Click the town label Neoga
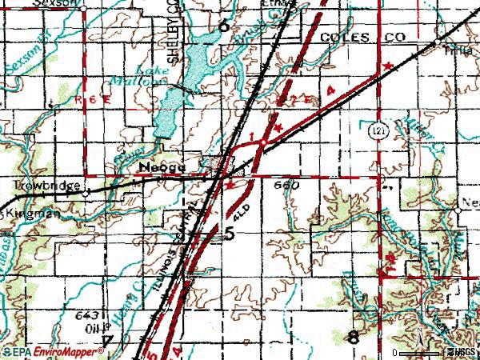(x=162, y=168)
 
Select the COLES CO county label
(x=357, y=38)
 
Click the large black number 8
(x=353, y=338)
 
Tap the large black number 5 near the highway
(x=230, y=234)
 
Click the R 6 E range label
(x=89, y=98)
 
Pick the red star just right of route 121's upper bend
(x=390, y=65)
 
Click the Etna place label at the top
(x=262, y=3)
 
